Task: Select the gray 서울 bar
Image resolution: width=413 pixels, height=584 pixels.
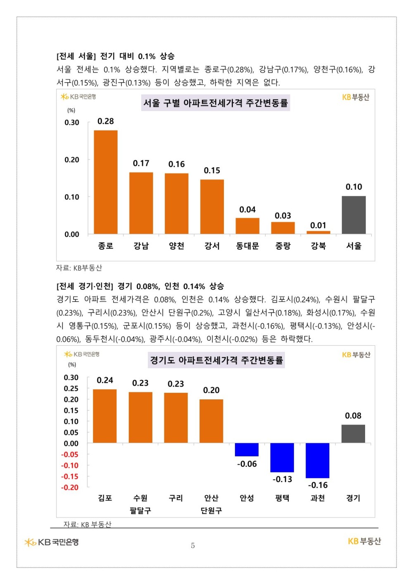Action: (354, 215)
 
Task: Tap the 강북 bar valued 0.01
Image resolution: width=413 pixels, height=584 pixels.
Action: (318, 233)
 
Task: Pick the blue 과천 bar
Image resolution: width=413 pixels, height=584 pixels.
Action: (317, 460)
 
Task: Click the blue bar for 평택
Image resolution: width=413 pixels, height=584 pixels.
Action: (282, 457)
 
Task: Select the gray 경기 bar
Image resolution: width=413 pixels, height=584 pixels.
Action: (353, 434)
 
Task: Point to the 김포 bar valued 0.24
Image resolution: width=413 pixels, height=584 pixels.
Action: (105, 416)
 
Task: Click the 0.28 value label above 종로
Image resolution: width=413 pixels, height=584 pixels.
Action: (106, 121)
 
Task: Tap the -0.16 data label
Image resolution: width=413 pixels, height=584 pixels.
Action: (318, 485)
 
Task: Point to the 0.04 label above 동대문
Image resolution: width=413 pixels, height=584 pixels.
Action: (247, 209)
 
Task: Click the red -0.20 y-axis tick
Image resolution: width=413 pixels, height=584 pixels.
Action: (70, 487)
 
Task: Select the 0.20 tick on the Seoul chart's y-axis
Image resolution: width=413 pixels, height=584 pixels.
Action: (71, 160)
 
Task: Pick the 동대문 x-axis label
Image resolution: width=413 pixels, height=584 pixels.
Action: (247, 246)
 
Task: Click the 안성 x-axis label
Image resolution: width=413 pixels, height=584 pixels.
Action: (247, 498)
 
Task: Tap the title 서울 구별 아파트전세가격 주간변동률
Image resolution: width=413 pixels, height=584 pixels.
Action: (215, 103)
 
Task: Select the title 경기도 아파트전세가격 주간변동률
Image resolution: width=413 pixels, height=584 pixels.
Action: (216, 360)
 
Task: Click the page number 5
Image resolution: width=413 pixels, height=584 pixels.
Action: (193, 546)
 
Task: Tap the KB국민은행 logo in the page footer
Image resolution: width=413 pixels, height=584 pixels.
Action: (52, 542)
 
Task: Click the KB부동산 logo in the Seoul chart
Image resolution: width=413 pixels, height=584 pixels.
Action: (356, 97)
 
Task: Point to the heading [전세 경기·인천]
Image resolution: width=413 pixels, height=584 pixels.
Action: (85, 286)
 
